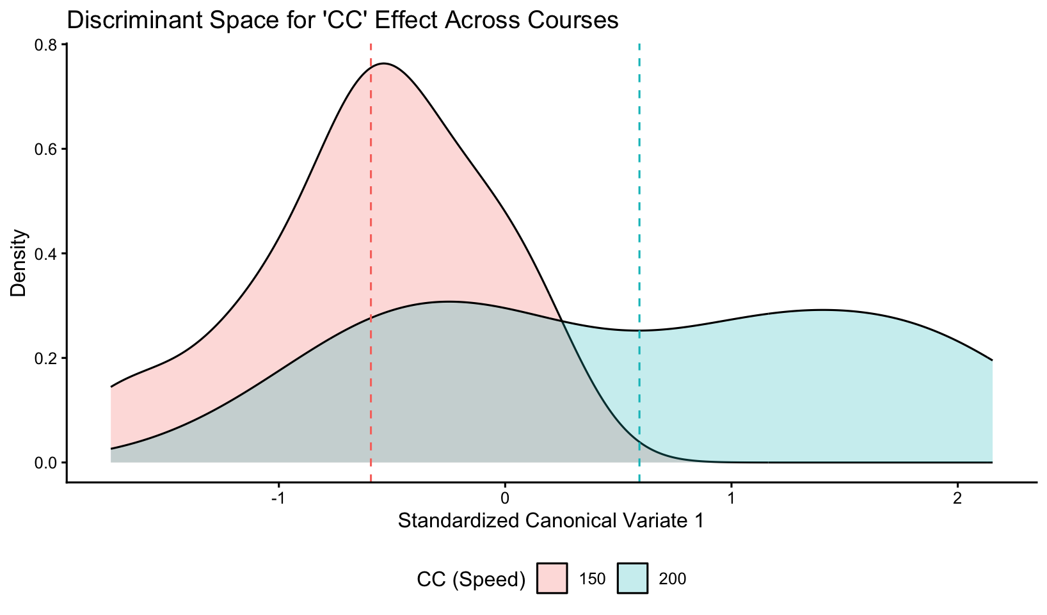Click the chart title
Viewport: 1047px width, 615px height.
(342, 21)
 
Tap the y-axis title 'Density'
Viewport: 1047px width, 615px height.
(19, 262)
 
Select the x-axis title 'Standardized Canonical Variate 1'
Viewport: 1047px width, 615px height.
(551, 521)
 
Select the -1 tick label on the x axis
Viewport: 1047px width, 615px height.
(276, 497)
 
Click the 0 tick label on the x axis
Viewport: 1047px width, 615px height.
(504, 497)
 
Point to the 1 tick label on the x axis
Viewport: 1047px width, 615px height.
(731, 497)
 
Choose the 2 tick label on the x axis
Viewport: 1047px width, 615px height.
(957, 497)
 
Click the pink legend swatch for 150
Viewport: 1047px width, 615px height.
(552, 579)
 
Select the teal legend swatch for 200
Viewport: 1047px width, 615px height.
(633, 579)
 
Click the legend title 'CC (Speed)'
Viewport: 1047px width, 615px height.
(471, 579)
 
